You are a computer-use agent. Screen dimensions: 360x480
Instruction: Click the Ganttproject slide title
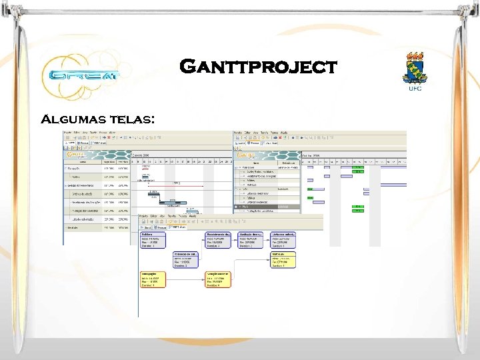259,67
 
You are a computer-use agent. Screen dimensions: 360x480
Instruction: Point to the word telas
133,120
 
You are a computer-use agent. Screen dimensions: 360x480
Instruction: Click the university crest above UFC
415,67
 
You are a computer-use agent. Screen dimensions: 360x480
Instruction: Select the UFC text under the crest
415,87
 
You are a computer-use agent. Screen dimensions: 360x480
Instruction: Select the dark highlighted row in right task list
267,207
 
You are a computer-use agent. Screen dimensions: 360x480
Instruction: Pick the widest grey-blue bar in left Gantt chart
172,203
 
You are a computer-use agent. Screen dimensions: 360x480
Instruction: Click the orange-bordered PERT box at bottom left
153,279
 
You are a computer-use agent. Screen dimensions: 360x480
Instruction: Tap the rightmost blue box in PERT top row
284,241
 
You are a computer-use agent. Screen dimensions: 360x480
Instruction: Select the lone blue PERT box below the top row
186,260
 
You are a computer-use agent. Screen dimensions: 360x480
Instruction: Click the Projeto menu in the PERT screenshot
144,217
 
